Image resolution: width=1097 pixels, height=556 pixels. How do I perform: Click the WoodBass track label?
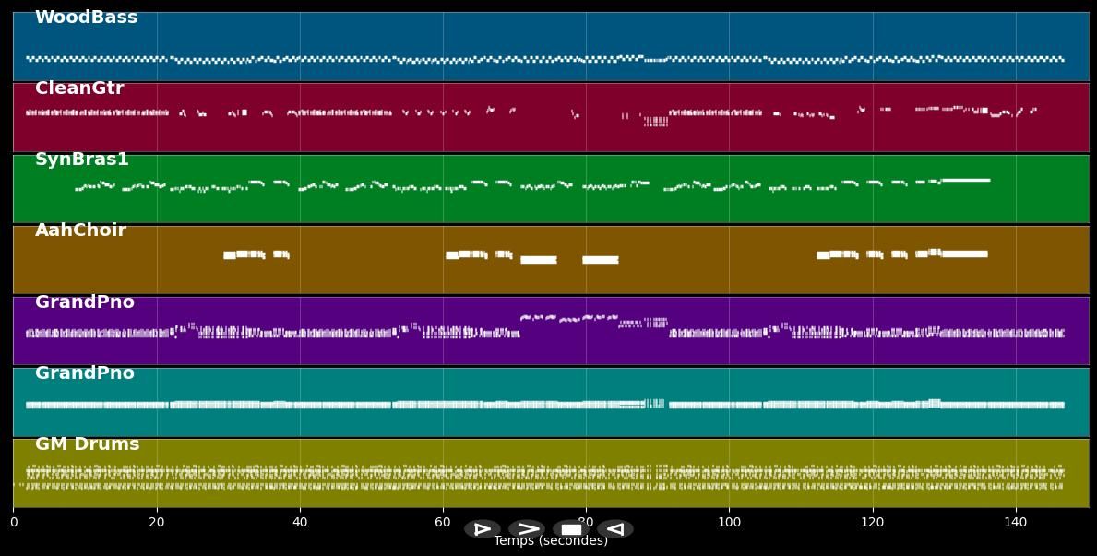point(86,18)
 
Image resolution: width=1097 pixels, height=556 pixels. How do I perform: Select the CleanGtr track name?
point(79,89)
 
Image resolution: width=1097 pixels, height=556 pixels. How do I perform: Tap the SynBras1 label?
point(82,160)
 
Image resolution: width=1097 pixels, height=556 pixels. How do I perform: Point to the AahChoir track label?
point(80,231)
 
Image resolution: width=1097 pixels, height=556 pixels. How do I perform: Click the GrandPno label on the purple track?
point(85,302)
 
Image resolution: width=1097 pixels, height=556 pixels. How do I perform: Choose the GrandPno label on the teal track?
point(85,373)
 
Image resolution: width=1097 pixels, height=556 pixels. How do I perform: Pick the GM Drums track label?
point(88,444)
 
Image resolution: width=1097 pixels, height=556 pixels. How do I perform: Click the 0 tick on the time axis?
point(14,523)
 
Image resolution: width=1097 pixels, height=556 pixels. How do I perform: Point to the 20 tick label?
point(157,523)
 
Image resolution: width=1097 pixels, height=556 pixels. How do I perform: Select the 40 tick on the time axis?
point(300,523)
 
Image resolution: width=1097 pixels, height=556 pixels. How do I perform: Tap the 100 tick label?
point(729,523)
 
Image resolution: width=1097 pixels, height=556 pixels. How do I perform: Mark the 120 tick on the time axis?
point(872,523)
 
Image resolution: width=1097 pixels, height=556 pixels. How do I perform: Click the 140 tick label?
point(1015,523)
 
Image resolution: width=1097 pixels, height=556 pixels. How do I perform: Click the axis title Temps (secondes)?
point(551,541)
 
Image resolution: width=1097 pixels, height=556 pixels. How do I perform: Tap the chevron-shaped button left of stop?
point(527,529)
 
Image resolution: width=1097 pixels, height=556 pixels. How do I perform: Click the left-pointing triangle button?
point(614,529)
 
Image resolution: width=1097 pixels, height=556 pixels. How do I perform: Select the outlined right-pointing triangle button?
point(483,529)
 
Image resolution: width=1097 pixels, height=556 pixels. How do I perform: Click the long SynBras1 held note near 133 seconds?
point(965,180)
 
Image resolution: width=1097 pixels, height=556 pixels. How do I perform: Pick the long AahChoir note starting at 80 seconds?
point(600,260)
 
